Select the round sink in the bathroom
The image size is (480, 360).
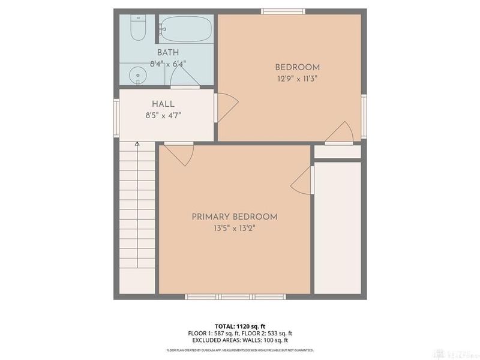click(x=138, y=76)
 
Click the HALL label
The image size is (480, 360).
click(x=146, y=104)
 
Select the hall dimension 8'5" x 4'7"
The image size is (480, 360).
click(x=146, y=115)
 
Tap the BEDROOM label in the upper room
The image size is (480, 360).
click(x=297, y=67)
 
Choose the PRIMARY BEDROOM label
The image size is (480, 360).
click(x=235, y=217)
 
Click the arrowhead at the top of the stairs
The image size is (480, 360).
click(x=137, y=144)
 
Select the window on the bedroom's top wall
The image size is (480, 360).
click(x=283, y=10)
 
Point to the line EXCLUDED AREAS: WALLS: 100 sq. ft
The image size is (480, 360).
click(x=239, y=340)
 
